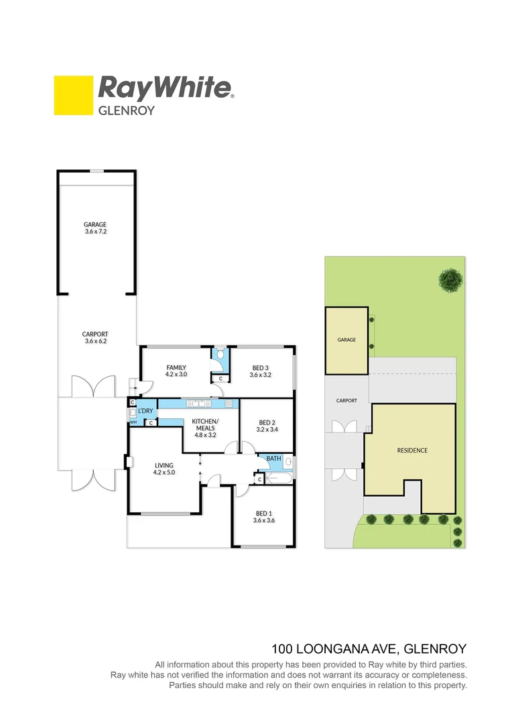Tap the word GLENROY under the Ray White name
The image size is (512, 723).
coord(127,110)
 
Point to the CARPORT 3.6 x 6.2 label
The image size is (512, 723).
coord(95,338)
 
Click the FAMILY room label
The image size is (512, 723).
coord(176,371)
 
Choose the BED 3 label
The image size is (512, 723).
coord(260,371)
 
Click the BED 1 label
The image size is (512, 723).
coord(263,516)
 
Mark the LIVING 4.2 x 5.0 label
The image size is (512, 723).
coord(164,469)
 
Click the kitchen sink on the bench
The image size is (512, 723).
coord(199,404)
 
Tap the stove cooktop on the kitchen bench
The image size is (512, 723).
coord(229,404)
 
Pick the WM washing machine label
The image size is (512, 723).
coord(133,422)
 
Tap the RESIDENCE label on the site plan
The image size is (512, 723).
coord(411,451)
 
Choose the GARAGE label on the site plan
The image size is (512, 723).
coord(346,340)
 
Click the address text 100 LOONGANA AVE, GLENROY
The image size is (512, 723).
coord(369,649)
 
